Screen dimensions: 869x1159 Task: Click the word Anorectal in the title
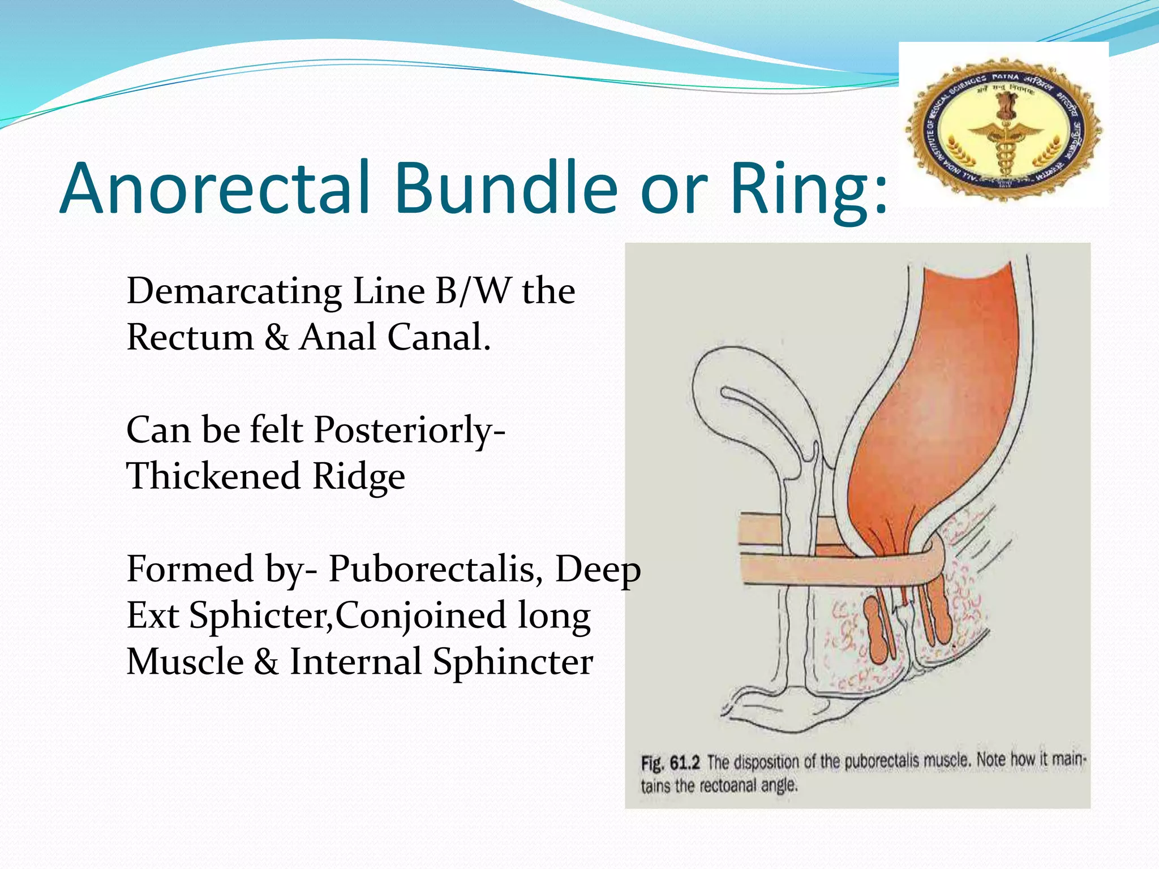pyautogui.click(x=215, y=188)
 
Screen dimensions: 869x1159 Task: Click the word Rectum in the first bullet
pyautogui.click(x=190, y=338)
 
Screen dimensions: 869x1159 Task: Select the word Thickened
pyautogui.click(x=213, y=476)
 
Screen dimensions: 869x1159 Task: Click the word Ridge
pyautogui.click(x=358, y=476)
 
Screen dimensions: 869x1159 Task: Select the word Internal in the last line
pyautogui.click(x=355, y=661)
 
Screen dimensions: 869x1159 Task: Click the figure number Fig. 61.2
pyautogui.click(x=670, y=763)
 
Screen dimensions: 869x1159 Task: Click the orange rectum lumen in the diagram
pyautogui.click(x=939, y=396)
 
